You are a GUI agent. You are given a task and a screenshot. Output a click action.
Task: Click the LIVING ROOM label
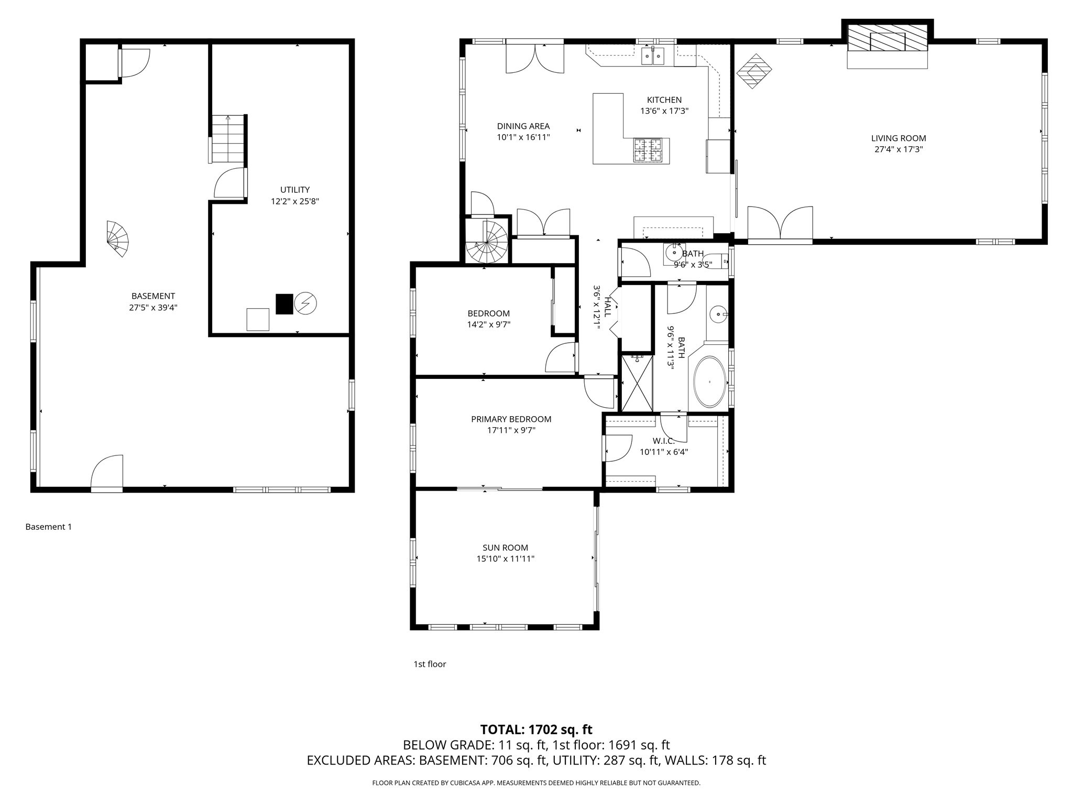click(899, 138)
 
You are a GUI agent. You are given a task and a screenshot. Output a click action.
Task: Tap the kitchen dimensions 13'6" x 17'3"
click(664, 111)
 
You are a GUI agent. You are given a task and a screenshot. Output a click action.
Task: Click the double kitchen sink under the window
click(653, 56)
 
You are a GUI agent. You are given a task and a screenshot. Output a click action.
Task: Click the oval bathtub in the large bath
click(710, 382)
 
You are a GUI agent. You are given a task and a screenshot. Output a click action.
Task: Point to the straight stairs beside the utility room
click(228, 139)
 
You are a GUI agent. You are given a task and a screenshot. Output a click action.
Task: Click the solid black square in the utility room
click(284, 304)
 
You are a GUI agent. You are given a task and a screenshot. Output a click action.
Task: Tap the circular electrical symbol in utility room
click(306, 303)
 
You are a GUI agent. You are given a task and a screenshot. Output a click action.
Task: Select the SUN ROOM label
click(505, 548)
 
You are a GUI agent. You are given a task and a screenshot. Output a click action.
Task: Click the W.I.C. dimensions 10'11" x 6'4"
click(663, 452)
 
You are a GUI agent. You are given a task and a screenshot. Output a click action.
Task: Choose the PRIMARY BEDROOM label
click(511, 419)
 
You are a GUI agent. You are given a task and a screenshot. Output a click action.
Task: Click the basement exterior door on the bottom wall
click(107, 474)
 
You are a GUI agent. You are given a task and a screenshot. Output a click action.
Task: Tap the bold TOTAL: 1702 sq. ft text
click(536, 730)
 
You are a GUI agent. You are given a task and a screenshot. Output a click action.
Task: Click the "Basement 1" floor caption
click(48, 527)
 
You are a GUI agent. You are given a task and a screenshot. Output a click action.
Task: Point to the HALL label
click(608, 307)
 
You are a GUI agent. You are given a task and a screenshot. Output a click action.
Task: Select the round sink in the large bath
click(717, 315)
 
